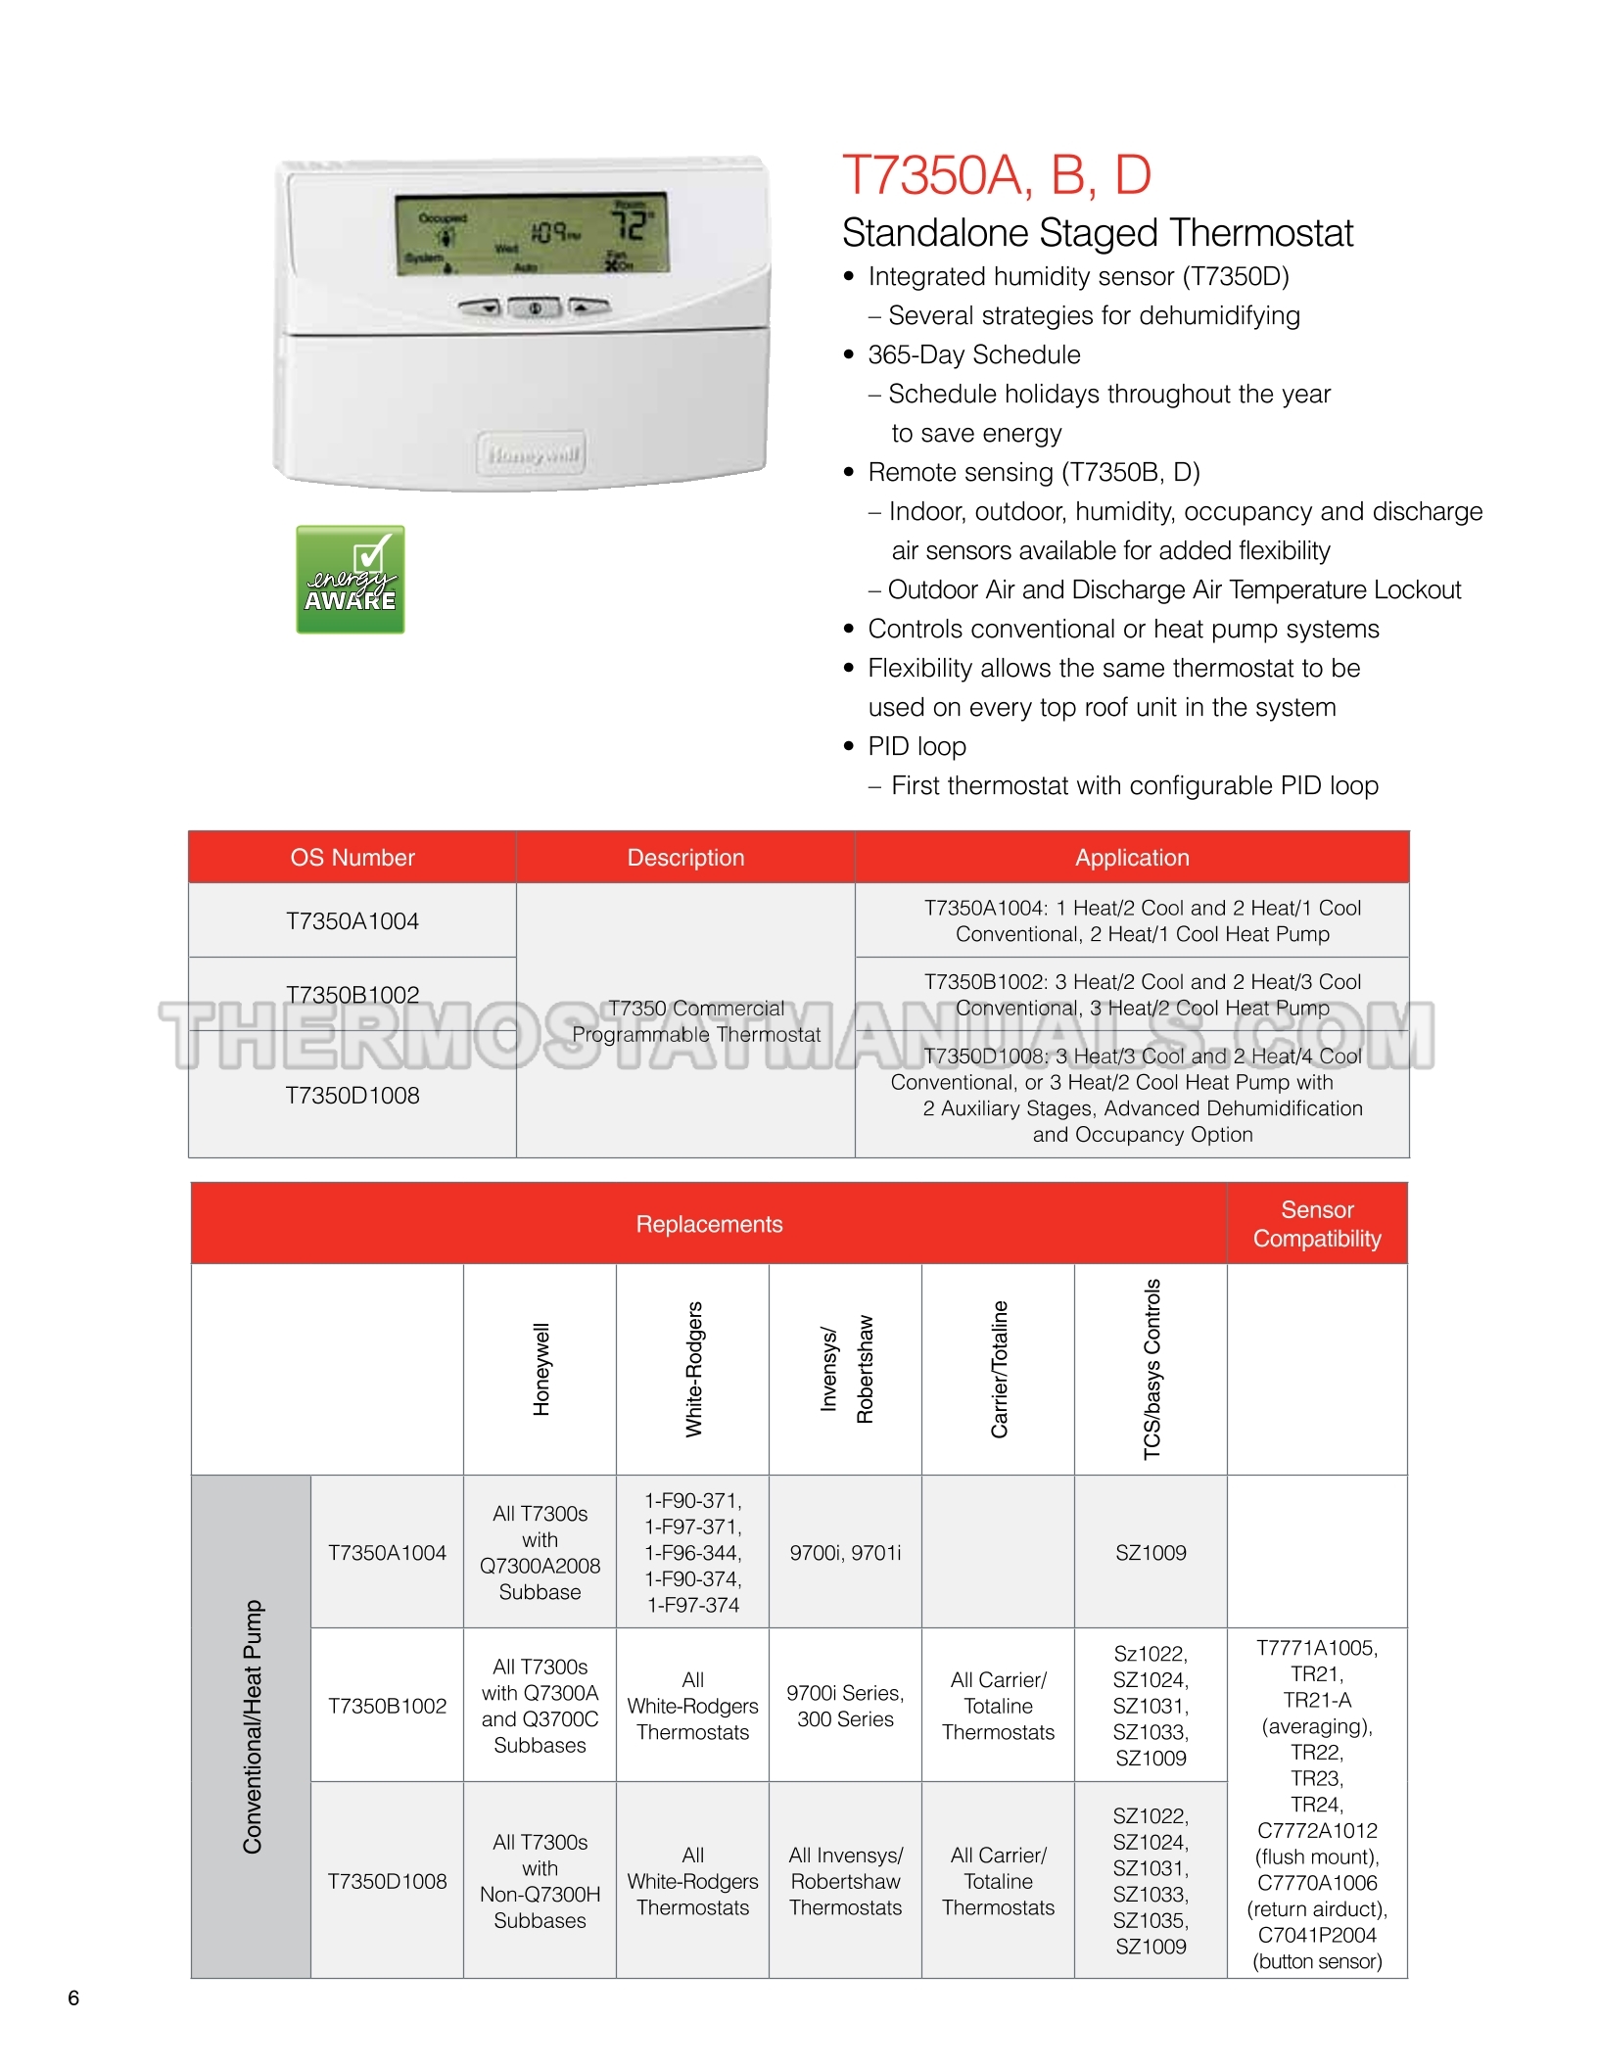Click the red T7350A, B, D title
coord(996,175)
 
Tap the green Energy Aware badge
coord(351,580)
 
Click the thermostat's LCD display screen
coord(532,234)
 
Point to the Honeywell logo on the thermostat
coord(532,454)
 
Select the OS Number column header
coord(352,858)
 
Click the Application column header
coord(1132,858)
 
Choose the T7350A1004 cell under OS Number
coord(352,921)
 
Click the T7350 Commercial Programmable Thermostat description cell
coord(695,1021)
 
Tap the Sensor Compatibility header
coord(1317,1224)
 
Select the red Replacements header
coord(709,1224)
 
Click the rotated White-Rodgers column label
coord(693,1369)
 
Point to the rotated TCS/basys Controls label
coord(1151,1369)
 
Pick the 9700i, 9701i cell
coord(845,1553)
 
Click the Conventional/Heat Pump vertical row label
coord(252,1726)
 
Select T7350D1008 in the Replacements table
coord(387,1881)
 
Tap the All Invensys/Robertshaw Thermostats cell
coord(845,1881)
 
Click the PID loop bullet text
coord(916,746)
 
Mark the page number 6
coord(73,1997)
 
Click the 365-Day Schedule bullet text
coord(974,354)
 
